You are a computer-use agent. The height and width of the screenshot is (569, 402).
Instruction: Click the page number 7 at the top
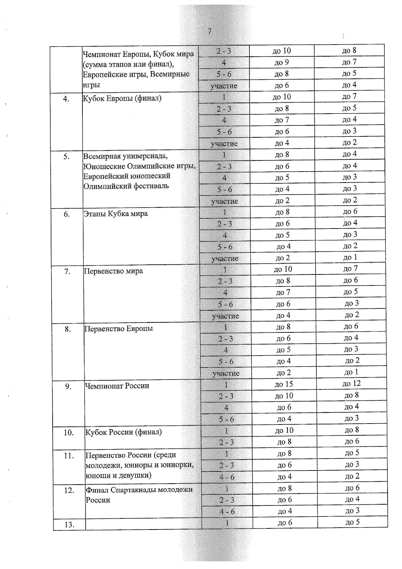(x=209, y=31)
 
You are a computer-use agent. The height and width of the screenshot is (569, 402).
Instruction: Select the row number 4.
(x=66, y=99)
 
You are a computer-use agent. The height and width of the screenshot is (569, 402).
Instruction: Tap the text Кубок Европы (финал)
(x=122, y=99)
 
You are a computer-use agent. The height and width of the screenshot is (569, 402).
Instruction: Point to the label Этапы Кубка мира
(x=116, y=214)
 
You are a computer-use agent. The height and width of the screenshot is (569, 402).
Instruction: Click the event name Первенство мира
(x=113, y=271)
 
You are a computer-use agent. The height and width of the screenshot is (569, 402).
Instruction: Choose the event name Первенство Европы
(x=118, y=328)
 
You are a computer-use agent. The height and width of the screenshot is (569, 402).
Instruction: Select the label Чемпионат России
(x=117, y=386)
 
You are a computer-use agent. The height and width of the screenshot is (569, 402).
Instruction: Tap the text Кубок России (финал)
(x=123, y=432)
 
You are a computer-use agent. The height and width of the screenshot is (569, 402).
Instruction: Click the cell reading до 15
(x=284, y=384)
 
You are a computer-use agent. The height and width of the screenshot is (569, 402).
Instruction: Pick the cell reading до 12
(x=351, y=384)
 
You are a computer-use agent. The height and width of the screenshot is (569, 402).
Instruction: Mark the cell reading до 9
(x=281, y=62)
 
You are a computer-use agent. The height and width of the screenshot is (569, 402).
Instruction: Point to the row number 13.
(x=69, y=525)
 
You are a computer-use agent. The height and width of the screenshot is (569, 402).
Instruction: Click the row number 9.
(x=68, y=387)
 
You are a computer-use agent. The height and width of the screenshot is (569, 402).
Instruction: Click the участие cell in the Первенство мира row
(x=225, y=316)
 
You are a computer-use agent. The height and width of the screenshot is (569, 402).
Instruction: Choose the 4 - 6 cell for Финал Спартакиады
(x=227, y=512)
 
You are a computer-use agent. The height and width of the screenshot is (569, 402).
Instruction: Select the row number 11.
(x=69, y=456)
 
